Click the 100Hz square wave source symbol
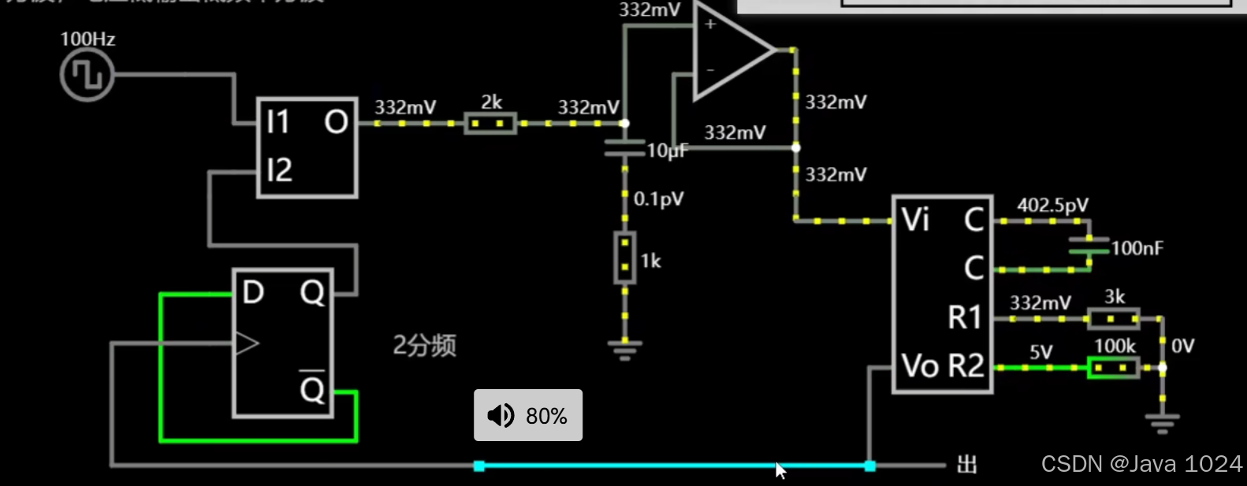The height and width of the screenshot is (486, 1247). pyautogui.click(x=87, y=76)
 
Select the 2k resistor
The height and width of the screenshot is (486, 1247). pyautogui.click(x=490, y=124)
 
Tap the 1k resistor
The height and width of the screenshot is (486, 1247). pyautogui.click(x=625, y=258)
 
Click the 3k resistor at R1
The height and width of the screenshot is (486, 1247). pyautogui.click(x=1113, y=318)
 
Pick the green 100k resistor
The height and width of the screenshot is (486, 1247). pyautogui.click(x=1113, y=367)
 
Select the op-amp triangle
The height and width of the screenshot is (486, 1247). pyautogui.click(x=730, y=50)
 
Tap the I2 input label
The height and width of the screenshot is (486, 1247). pyautogui.click(x=279, y=170)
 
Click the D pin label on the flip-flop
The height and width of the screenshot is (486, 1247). pyautogui.click(x=252, y=293)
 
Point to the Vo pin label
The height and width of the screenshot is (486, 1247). pyautogui.click(x=920, y=366)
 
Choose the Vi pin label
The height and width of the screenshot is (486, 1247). pyautogui.click(x=915, y=220)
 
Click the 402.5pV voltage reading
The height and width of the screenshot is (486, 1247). pyautogui.click(x=1052, y=206)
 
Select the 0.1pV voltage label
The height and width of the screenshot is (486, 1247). pyautogui.click(x=658, y=199)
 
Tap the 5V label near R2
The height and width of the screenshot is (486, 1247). pyautogui.click(x=1040, y=352)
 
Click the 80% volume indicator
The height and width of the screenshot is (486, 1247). pyautogui.click(x=528, y=415)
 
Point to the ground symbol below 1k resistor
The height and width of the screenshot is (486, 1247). pyautogui.click(x=625, y=348)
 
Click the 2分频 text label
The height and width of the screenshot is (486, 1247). pyautogui.click(x=424, y=345)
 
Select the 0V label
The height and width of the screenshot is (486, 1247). pyautogui.click(x=1182, y=346)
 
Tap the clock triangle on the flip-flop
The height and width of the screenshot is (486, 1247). pyautogui.click(x=247, y=343)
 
